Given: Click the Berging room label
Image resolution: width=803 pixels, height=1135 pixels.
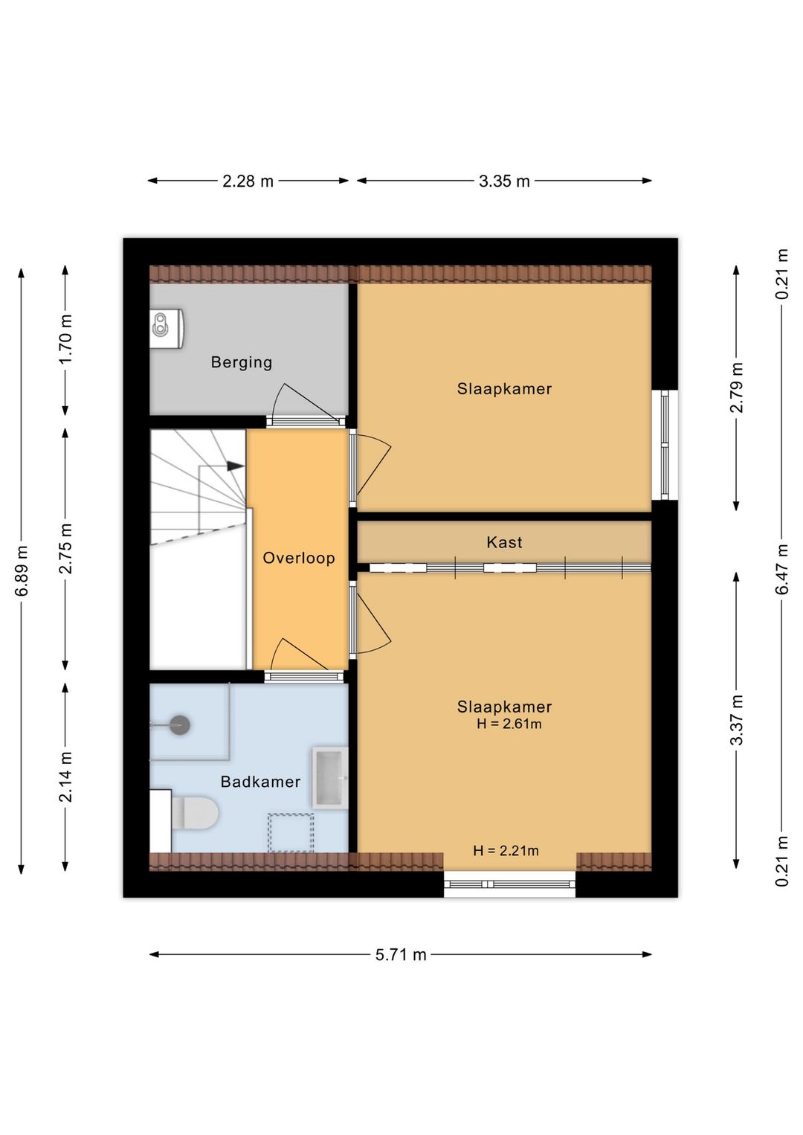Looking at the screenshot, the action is click(x=241, y=362).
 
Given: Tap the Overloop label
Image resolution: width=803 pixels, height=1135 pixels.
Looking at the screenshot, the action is click(x=299, y=558).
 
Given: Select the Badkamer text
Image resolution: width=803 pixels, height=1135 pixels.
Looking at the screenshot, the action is click(x=260, y=782).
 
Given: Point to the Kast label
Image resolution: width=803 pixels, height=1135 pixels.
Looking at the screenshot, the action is click(x=504, y=542).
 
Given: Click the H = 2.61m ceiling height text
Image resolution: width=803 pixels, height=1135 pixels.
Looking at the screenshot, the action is click(x=509, y=724).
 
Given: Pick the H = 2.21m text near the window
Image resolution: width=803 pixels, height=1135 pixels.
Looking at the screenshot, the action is click(x=506, y=850).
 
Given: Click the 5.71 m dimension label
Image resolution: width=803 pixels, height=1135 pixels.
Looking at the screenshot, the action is click(x=401, y=954).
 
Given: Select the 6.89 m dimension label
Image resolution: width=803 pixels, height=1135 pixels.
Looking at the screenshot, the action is click(x=22, y=571).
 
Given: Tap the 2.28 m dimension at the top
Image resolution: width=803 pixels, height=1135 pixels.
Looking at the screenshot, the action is click(x=248, y=181).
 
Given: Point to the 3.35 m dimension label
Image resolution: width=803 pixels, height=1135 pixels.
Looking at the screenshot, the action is click(x=504, y=181).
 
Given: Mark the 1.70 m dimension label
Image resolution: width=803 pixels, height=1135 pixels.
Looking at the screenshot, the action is click(x=66, y=338).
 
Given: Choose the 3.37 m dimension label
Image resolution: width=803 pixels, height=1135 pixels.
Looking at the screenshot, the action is click(x=736, y=719).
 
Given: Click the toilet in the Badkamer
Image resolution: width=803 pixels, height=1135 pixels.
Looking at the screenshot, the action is click(x=194, y=813).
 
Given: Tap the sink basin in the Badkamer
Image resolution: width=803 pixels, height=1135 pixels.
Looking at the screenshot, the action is click(x=330, y=777).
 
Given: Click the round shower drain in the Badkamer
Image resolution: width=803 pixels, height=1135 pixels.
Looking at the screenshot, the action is click(x=179, y=725).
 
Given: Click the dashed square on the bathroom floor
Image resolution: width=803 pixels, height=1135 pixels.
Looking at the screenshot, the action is click(x=291, y=832).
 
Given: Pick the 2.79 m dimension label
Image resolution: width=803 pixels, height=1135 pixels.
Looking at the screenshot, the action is click(x=736, y=388).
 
